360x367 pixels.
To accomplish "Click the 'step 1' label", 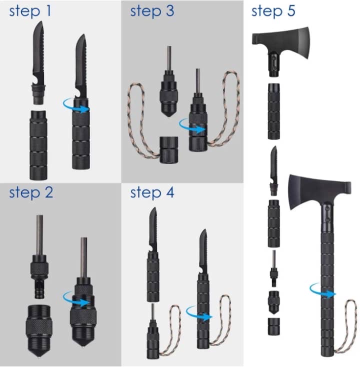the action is tap(30, 11).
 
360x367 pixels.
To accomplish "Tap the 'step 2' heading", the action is tap(31, 192).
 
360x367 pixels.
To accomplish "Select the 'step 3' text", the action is tap(152, 11).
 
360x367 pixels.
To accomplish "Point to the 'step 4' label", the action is tap(152, 192).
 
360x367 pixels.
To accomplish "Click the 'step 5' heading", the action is tap(273, 11).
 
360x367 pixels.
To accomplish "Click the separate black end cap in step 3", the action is tap(169, 150).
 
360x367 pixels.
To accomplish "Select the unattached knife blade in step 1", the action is tap(38, 62).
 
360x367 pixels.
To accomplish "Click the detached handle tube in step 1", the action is tap(38, 145).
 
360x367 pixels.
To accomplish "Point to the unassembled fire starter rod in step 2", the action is tap(39, 256).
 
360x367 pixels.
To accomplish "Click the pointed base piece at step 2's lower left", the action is tap(39, 330).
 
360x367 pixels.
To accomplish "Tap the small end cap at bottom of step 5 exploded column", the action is tap(274, 326).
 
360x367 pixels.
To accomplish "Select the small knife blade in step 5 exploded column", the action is tap(274, 171).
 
